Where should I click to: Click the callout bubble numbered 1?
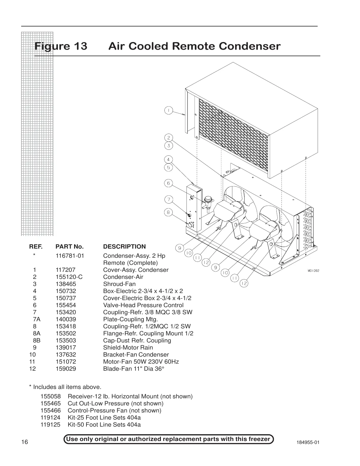[168, 110]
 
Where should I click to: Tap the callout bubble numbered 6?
[168, 183]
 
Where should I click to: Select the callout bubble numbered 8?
[168, 212]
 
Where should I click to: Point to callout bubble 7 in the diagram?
[168, 200]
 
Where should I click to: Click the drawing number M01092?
[313, 271]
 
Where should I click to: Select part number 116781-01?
[70, 256]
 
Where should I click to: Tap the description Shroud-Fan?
[119, 284]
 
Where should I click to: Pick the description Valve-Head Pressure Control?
[143, 305]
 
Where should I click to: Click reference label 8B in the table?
[36, 340]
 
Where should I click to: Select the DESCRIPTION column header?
[124, 247]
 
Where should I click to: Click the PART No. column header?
[70, 247]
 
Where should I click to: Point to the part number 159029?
[66, 369]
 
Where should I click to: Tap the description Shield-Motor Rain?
[128, 347]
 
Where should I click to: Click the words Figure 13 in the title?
[61, 46]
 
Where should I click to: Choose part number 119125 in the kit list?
[50, 425]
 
